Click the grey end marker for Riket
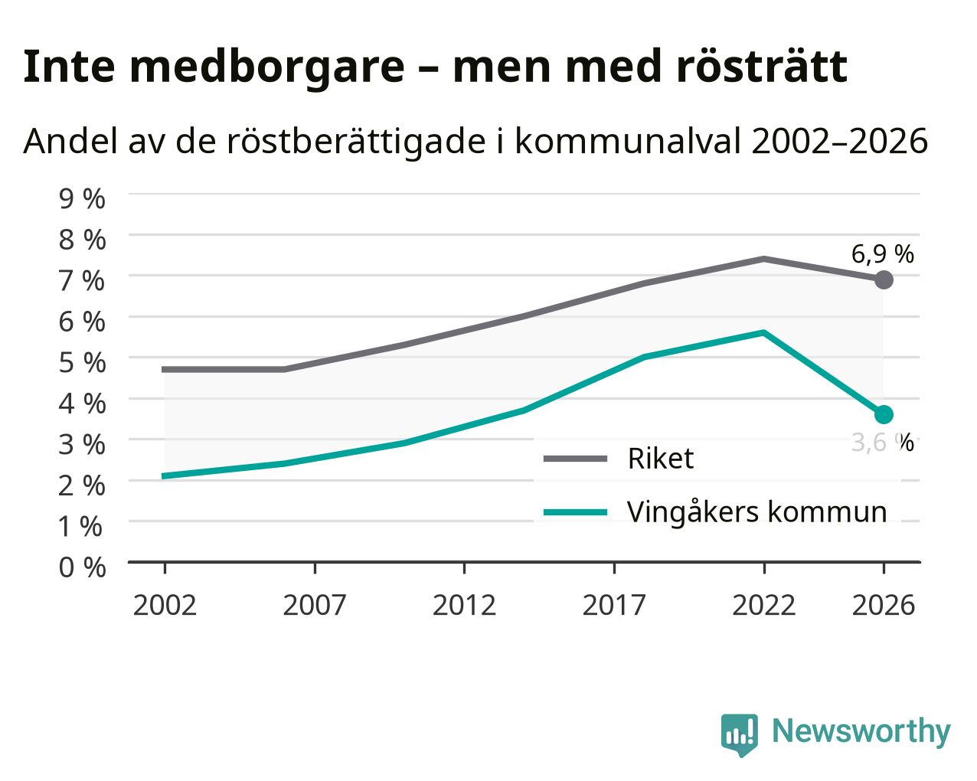coord(884,279)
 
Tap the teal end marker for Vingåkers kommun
coord(884,414)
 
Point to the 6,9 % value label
coord(882,254)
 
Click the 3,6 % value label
coord(882,443)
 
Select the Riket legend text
coord(661,458)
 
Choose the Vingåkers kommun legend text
coord(756,513)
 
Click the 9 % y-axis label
coord(82,199)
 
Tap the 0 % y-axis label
coord(82,567)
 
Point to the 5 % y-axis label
coord(82,362)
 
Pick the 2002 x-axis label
coord(165,605)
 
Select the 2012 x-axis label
coord(464,605)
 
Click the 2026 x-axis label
coord(884,605)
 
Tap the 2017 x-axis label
coord(614,605)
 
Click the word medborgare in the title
coord(267,68)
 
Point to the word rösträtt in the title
coord(762,67)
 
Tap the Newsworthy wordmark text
coord(861,731)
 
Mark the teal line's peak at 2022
coord(764,333)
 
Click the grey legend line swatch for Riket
coord(575,459)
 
